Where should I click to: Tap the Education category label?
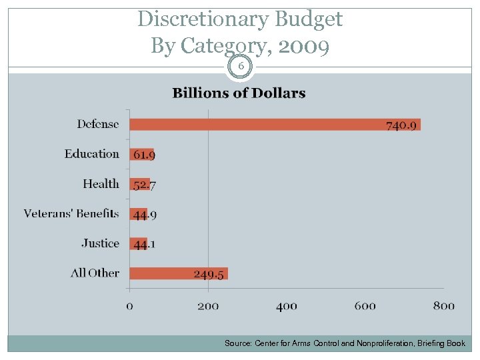point(91,154)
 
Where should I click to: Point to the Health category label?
point(101,184)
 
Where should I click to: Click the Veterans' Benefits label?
point(71,214)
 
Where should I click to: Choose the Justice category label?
point(100,243)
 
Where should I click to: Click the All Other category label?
point(95,273)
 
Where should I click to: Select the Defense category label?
point(97,124)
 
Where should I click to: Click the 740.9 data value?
point(401,125)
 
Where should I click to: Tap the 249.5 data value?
point(209,274)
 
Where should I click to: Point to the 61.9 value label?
point(144,155)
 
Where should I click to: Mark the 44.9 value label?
point(144,215)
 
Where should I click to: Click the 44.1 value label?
point(144,244)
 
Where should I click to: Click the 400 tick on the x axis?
point(286,306)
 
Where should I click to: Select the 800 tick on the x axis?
point(443,306)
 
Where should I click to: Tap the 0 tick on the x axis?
point(129,306)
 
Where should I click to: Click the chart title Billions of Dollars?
point(239,93)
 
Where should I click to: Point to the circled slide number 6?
point(240,67)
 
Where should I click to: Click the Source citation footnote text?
point(345,343)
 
